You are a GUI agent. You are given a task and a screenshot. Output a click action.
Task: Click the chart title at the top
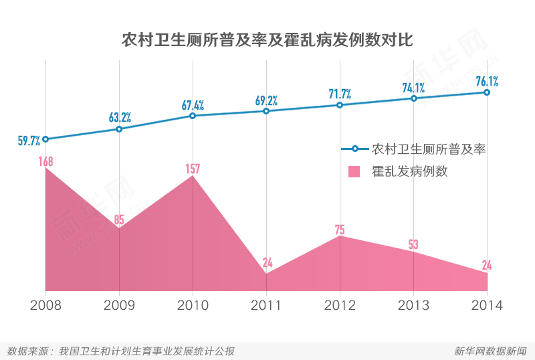pyautogui.click(x=267, y=39)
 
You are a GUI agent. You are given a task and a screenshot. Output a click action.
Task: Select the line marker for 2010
pyautogui.click(x=193, y=116)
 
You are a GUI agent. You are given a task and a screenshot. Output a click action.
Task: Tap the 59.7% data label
pyautogui.click(x=29, y=141)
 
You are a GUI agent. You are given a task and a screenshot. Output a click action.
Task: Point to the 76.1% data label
pyautogui.click(x=487, y=82)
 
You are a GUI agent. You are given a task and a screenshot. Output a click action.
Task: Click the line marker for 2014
pyautogui.click(x=487, y=92)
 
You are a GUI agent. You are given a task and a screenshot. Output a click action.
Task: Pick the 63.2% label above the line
pyautogui.click(x=120, y=118)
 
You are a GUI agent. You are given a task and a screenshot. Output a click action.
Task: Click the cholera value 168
pyautogui.click(x=45, y=161)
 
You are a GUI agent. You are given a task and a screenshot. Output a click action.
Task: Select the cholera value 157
pyautogui.click(x=193, y=169)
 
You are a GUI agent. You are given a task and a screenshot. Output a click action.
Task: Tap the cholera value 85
pyautogui.click(x=119, y=219)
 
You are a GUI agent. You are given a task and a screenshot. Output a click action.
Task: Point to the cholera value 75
pyautogui.click(x=340, y=230)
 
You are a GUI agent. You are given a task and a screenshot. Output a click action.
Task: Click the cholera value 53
pyautogui.click(x=413, y=245)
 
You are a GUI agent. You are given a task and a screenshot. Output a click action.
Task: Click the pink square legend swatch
pyautogui.click(x=354, y=171)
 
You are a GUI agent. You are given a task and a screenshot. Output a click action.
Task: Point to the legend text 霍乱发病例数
pyautogui.click(x=410, y=171)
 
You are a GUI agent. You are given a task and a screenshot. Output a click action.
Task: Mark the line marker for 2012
pyautogui.click(x=340, y=105)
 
